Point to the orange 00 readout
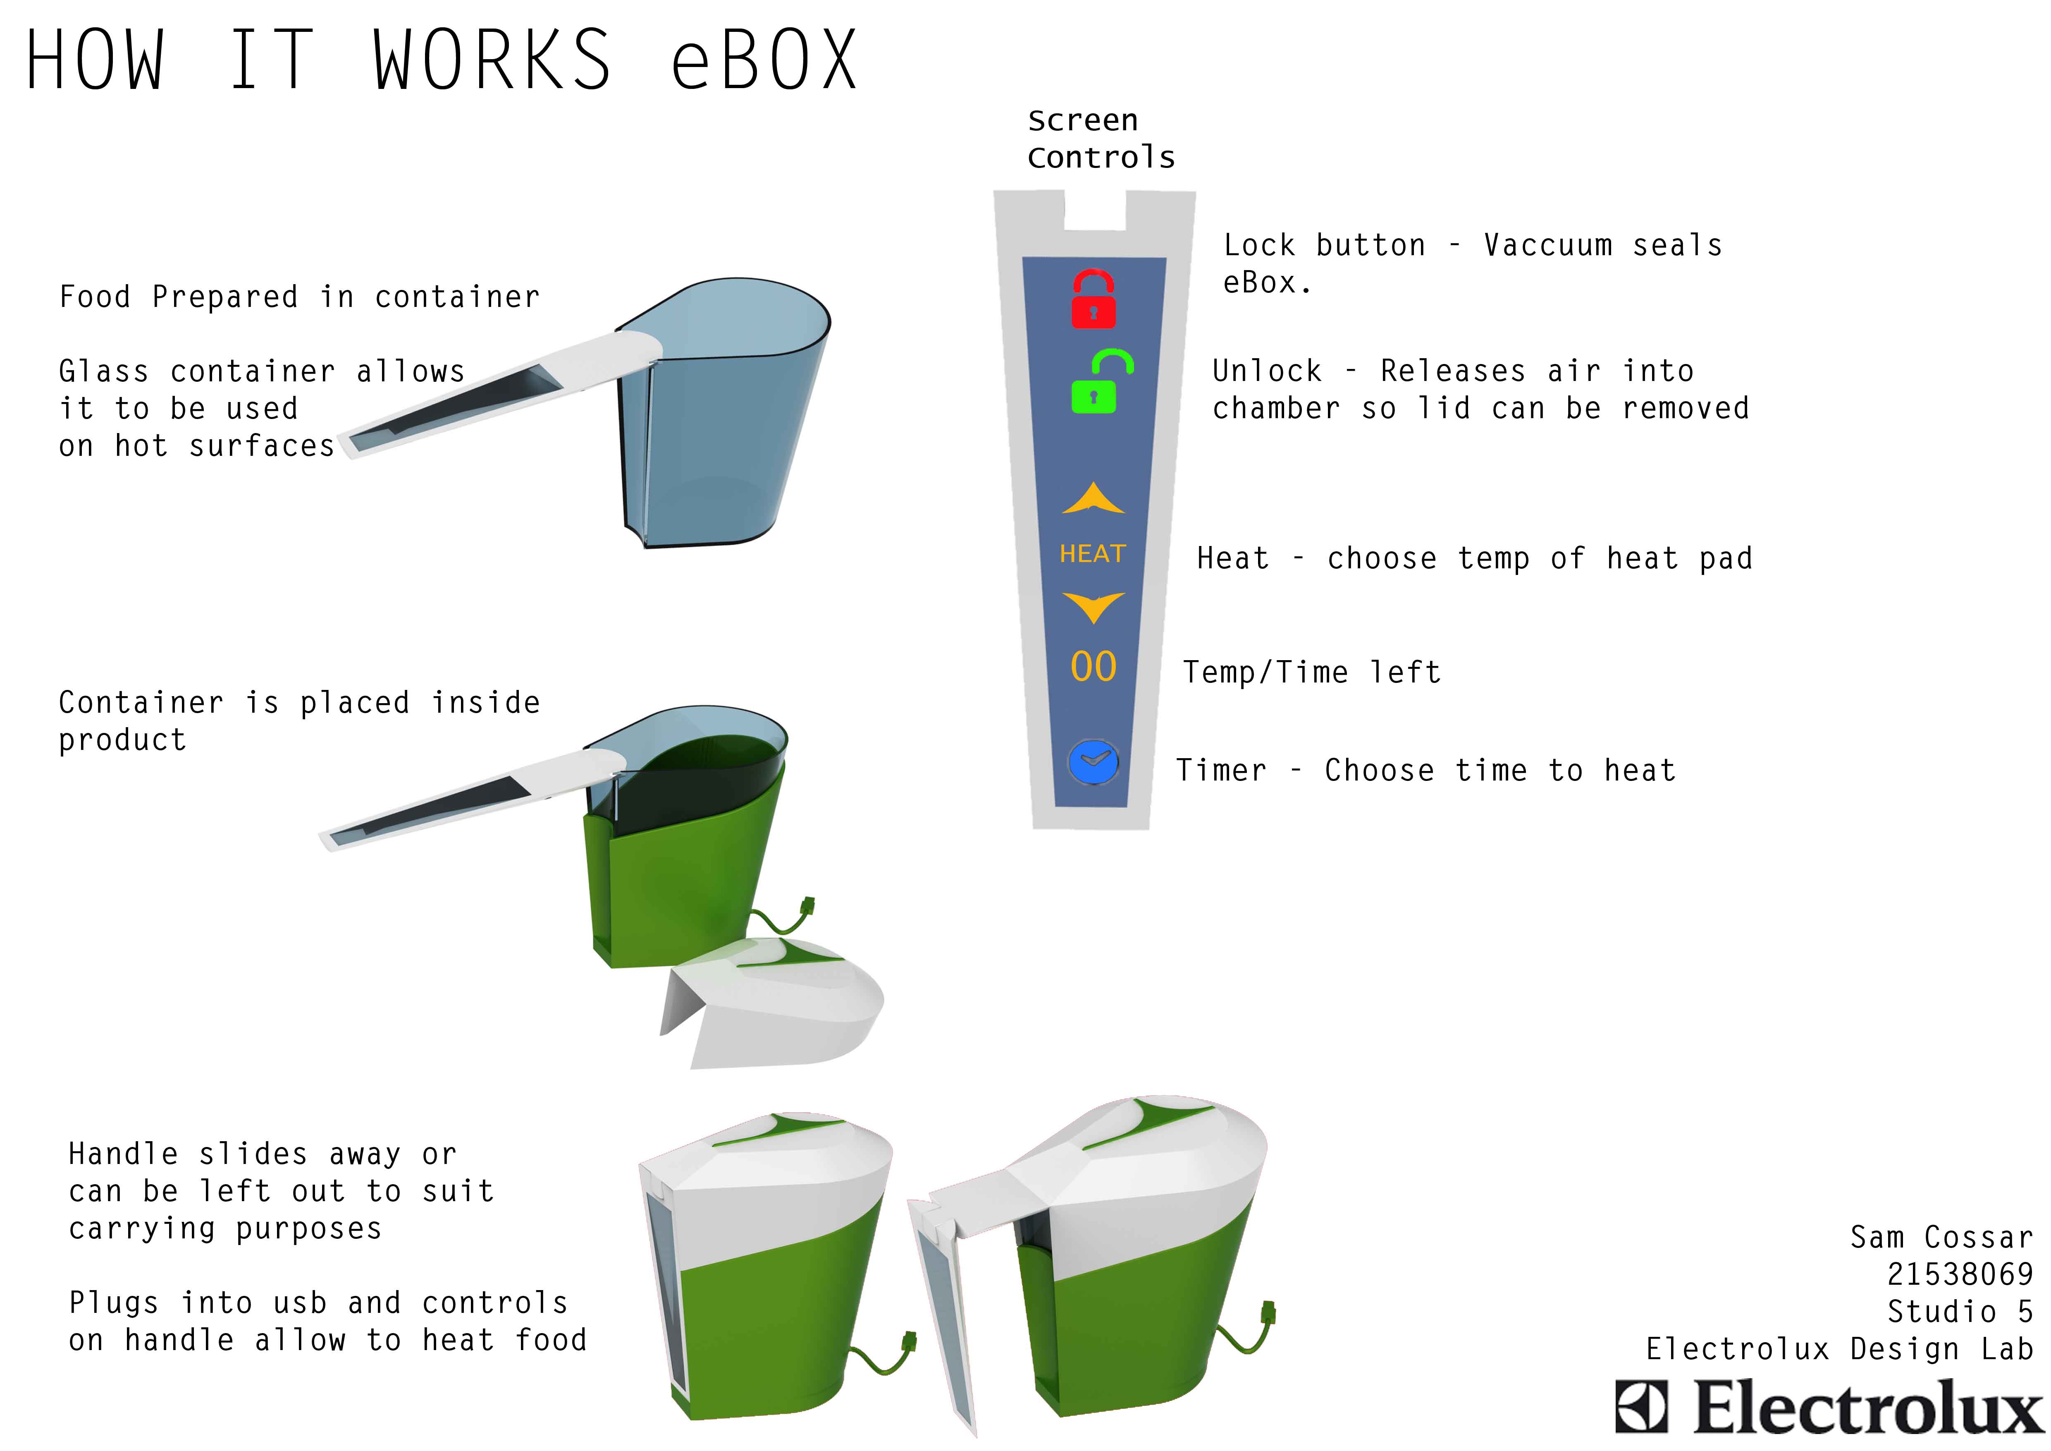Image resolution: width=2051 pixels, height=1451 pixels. [x=1094, y=666]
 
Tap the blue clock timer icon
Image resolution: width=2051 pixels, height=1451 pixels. [x=1094, y=762]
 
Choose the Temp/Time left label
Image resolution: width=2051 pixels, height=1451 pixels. [x=1311, y=672]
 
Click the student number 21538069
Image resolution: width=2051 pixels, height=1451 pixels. [x=1959, y=1274]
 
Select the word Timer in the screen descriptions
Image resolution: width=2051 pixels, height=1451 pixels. [x=1221, y=770]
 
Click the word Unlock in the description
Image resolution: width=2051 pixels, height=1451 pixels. [x=1267, y=371]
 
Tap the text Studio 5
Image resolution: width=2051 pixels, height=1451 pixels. [x=1959, y=1312]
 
